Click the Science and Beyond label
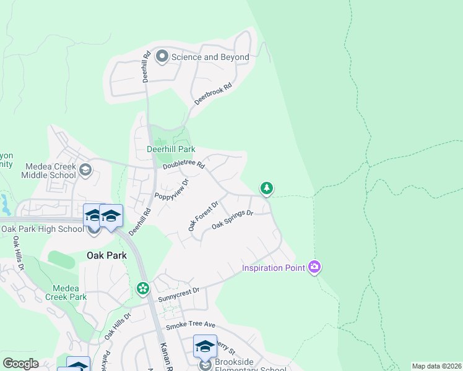(210, 58)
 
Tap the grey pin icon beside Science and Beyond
(162, 57)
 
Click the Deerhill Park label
(171, 149)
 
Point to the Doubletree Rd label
(183, 166)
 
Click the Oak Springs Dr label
(233, 220)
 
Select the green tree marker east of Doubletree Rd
(266, 188)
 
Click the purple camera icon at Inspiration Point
(315, 267)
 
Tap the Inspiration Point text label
(273, 268)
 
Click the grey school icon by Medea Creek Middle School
(85, 169)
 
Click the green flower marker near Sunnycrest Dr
(143, 289)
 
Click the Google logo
(20, 364)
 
